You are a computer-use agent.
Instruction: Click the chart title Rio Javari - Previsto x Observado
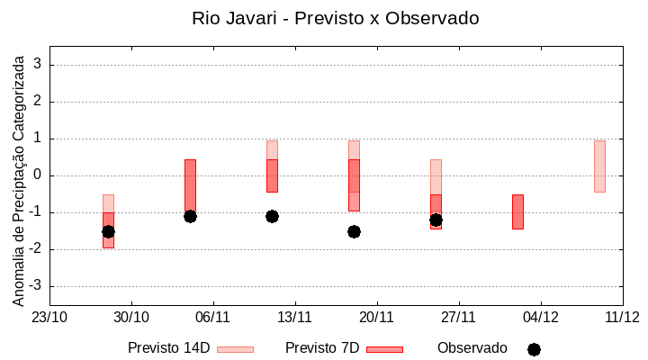(335, 18)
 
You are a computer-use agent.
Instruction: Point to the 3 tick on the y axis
(39, 65)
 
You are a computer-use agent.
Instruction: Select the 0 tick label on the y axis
(39, 175)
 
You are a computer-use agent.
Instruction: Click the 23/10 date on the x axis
(49, 317)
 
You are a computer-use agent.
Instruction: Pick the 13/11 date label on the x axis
(294, 317)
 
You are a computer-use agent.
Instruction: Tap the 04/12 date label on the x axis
(540, 317)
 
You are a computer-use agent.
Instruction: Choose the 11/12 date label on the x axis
(622, 317)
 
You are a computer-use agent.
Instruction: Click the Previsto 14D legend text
(168, 348)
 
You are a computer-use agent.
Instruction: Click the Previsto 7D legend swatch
(384, 349)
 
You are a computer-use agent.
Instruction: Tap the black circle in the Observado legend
(534, 349)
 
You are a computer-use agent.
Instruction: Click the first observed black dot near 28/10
(108, 231)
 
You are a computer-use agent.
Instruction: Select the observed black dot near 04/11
(190, 216)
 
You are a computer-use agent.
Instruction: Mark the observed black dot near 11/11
(272, 216)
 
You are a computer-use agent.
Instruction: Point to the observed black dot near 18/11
(354, 231)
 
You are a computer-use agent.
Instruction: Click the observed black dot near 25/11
(436, 220)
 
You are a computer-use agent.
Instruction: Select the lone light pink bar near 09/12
(599, 166)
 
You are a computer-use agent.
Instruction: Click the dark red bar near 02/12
(517, 211)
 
